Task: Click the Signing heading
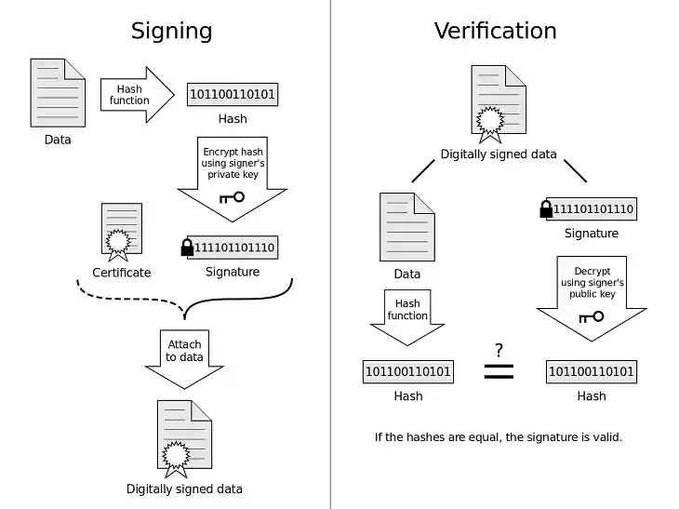tap(171, 30)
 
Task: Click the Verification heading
tap(495, 30)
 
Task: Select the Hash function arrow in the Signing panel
tap(136, 94)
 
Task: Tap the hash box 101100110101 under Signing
tap(233, 94)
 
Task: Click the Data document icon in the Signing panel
tap(58, 93)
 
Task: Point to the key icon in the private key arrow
tap(232, 197)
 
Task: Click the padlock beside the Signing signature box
tap(187, 247)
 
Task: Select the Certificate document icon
tap(121, 230)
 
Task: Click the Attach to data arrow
tap(185, 356)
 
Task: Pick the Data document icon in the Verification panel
tap(407, 227)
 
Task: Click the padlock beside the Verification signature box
tap(546, 208)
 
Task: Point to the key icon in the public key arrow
tap(591, 316)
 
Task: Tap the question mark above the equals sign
tap(499, 350)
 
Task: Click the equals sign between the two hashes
tap(499, 371)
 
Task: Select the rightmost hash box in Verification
tap(592, 372)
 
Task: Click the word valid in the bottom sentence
tap(603, 436)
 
